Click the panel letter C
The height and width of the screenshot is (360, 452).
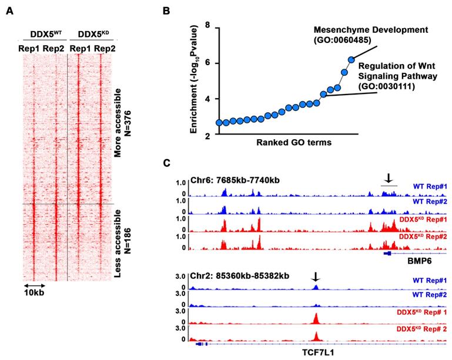[167, 162]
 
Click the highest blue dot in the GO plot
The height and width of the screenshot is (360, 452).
[351, 60]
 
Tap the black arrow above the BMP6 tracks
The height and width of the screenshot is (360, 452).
[389, 177]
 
